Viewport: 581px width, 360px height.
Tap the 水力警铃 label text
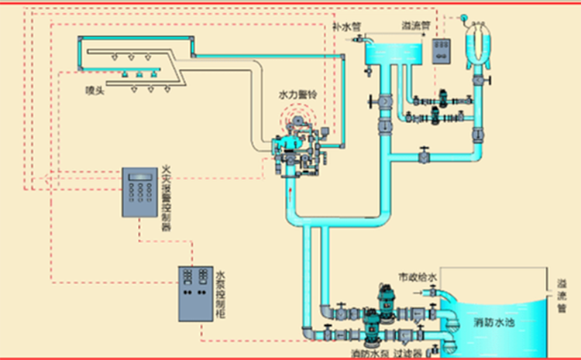coord(297,94)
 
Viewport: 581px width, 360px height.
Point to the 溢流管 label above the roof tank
coord(417,25)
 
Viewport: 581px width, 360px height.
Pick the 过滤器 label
coord(411,353)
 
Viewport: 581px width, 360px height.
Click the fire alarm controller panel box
coord(141,191)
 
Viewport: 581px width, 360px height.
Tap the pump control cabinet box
coord(196,294)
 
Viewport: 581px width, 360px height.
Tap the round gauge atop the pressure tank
coord(463,17)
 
